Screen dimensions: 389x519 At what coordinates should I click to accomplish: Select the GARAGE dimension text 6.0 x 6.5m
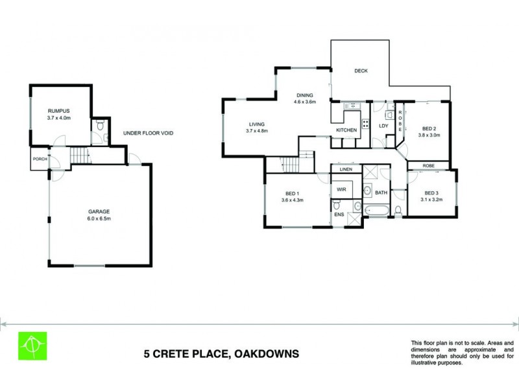(99, 219)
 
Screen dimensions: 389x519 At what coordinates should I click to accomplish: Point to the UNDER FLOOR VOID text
(149, 133)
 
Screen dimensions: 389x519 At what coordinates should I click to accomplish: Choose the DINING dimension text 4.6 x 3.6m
(304, 102)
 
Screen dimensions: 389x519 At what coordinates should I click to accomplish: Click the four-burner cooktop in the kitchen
(365, 124)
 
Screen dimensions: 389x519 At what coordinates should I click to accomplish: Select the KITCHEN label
(346, 130)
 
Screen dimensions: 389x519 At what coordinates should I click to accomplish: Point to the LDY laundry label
(383, 125)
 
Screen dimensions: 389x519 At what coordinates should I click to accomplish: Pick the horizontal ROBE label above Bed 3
(429, 165)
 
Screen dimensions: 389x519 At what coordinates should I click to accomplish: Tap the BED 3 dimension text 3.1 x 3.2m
(431, 200)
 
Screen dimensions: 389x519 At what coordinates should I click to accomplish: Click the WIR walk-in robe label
(341, 189)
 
